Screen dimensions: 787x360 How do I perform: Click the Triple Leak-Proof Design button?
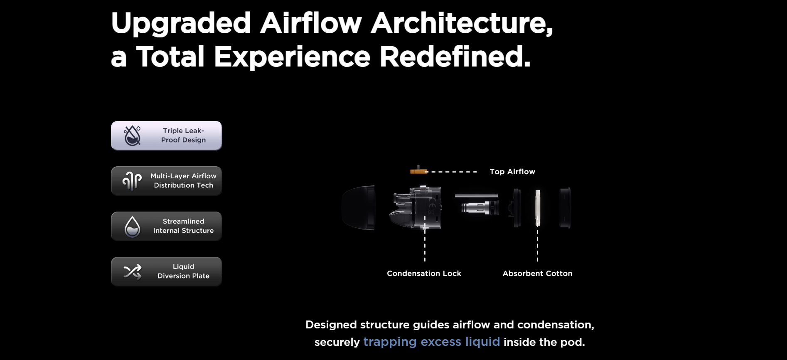166,136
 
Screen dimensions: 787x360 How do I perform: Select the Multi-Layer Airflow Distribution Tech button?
166,181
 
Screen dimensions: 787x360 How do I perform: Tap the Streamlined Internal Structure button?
166,226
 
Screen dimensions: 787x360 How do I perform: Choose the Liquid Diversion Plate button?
166,271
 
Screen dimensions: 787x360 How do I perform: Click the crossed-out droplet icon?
132,136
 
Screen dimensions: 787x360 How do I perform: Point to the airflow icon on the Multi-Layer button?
132,181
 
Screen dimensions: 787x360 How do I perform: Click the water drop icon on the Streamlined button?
132,227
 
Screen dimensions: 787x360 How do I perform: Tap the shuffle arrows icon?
132,272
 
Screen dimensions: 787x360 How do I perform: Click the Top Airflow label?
512,172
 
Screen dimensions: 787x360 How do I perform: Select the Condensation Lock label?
424,274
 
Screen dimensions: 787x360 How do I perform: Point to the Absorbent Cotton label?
537,274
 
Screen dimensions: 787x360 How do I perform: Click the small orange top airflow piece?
418,171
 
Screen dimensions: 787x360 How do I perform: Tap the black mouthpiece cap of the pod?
358,207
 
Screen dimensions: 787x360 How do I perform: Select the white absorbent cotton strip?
538,208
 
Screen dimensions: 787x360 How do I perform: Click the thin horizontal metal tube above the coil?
477,196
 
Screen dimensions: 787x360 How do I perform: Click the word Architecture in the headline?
462,23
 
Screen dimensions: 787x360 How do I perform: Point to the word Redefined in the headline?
455,57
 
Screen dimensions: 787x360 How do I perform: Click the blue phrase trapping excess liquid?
432,342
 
